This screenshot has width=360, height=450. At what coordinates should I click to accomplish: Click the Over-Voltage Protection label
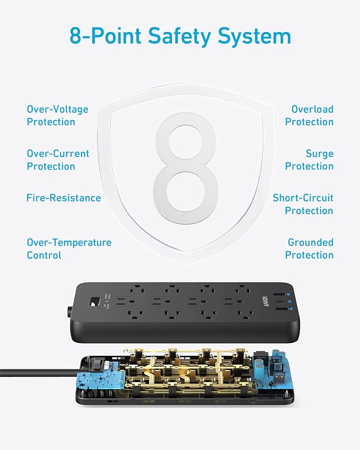tap(58, 116)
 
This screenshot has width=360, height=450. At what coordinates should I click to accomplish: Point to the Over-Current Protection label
tap(58, 160)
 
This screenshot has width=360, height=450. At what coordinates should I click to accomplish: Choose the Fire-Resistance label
tap(64, 198)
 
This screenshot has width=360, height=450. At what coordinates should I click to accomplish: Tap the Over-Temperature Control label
tap(69, 249)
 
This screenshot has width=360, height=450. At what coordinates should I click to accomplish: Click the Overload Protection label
tap(310, 116)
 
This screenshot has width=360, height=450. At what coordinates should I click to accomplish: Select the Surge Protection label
tap(310, 160)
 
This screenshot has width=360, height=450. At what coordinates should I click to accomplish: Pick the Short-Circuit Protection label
tap(303, 204)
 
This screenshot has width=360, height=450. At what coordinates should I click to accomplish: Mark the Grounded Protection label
tap(310, 249)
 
